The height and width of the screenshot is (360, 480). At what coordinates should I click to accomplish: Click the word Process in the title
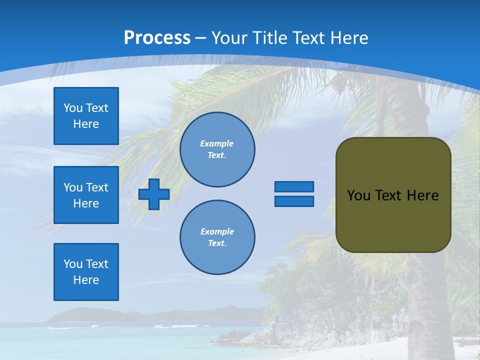tap(157, 37)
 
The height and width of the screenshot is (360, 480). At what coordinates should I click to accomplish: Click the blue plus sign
tap(154, 194)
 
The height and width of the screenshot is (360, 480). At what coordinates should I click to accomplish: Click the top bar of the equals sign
tap(294, 186)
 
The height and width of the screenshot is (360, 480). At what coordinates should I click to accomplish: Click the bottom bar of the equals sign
tap(294, 201)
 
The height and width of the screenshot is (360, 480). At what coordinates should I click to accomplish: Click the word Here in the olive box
tap(422, 195)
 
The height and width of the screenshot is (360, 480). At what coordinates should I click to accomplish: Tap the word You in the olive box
tap(358, 195)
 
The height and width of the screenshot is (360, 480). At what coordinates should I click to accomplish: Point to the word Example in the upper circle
tap(216, 143)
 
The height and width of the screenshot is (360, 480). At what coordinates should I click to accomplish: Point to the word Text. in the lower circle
tap(217, 243)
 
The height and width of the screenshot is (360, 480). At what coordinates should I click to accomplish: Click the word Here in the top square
tap(86, 124)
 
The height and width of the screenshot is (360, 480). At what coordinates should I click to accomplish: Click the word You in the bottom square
tap(73, 263)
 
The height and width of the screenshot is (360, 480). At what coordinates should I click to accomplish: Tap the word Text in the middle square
tap(97, 187)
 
